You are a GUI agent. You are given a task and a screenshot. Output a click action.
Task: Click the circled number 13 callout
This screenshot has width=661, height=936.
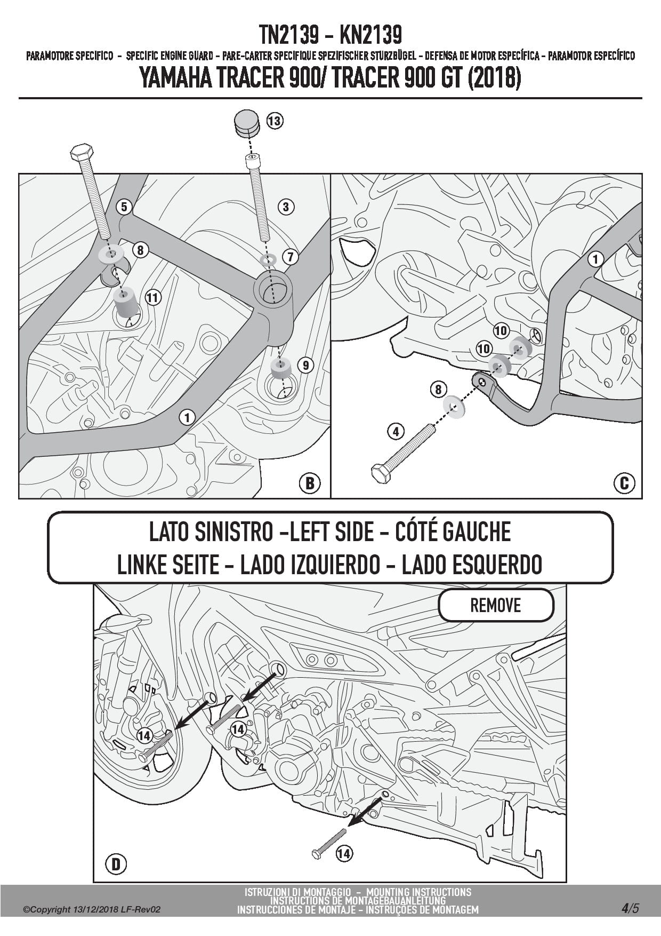click(x=274, y=121)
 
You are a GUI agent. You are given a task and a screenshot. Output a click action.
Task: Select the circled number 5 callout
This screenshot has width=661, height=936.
click(x=124, y=207)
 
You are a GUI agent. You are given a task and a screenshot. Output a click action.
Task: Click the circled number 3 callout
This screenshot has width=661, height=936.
click(x=286, y=207)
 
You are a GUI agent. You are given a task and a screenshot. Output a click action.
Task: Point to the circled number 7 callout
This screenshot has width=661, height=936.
click(x=290, y=257)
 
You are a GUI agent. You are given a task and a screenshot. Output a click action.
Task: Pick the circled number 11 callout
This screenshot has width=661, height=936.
click(x=153, y=297)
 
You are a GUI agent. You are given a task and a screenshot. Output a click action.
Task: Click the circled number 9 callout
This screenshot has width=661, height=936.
click(x=305, y=365)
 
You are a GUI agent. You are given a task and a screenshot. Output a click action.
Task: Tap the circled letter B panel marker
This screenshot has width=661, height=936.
click(x=310, y=483)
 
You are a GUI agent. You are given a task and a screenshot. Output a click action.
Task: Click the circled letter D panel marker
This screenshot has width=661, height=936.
click(x=116, y=863)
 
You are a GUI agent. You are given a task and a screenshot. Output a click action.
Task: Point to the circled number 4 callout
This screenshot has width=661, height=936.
click(x=396, y=431)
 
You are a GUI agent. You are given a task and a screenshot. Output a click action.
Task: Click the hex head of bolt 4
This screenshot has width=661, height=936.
click(x=381, y=472)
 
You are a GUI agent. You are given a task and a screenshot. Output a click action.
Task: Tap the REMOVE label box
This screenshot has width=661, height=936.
click(x=495, y=605)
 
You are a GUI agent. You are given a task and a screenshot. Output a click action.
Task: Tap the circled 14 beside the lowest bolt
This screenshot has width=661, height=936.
click(x=344, y=853)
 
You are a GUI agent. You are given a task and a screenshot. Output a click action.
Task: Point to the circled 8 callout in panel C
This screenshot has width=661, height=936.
click(x=438, y=390)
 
